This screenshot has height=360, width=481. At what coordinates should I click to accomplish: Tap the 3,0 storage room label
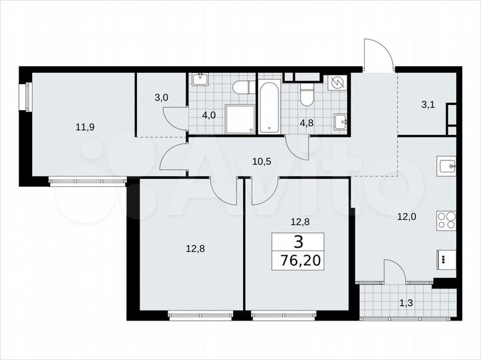161,98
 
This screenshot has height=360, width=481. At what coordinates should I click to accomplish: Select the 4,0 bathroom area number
209,114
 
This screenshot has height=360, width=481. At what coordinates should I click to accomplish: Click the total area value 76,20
297,259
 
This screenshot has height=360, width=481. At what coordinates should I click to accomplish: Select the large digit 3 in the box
297,241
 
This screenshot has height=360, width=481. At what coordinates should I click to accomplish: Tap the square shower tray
240,119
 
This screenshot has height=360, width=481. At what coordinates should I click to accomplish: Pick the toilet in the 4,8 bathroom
307,95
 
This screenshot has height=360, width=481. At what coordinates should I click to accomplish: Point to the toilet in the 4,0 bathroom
242,87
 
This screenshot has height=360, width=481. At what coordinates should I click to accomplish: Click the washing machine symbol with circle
339,83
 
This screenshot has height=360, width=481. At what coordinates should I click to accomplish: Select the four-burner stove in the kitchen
446,220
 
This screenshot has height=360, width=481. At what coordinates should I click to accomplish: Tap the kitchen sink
446,164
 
